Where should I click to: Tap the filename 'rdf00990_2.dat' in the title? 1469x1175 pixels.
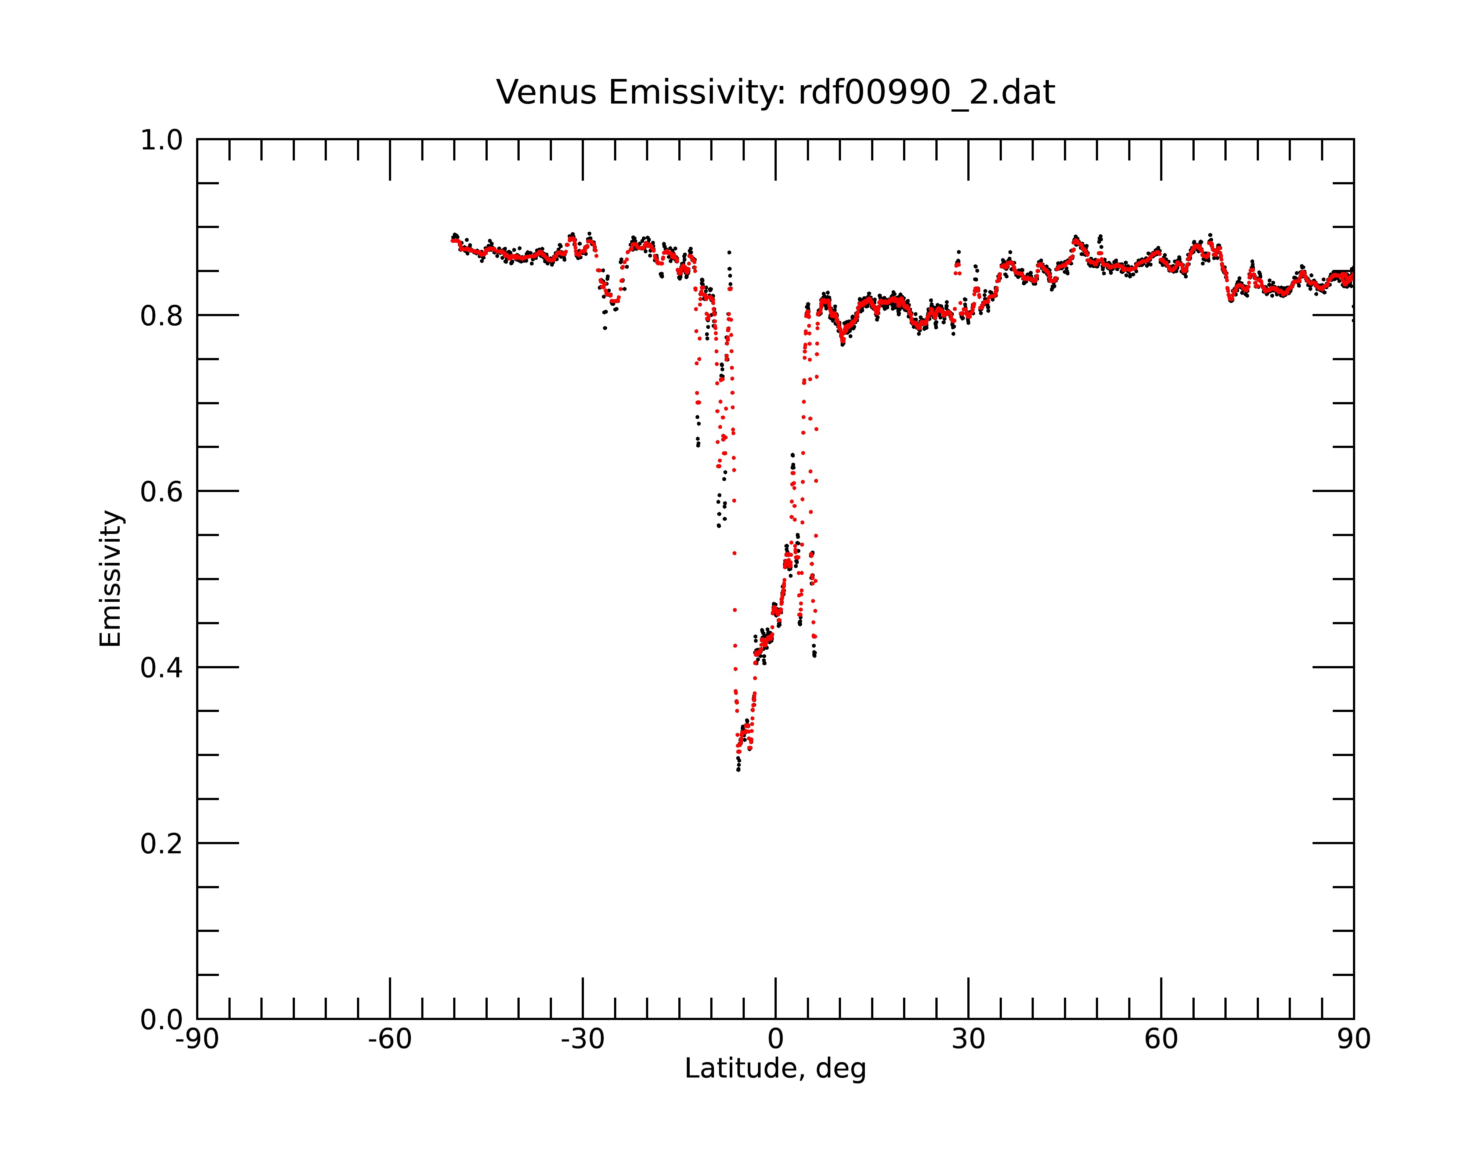click(x=927, y=93)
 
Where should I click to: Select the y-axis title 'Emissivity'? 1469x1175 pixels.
click(x=111, y=578)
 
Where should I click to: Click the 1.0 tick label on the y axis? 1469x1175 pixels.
click(x=162, y=141)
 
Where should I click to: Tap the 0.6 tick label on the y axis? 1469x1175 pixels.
click(x=162, y=492)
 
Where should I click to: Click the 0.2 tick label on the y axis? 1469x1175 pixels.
click(x=162, y=844)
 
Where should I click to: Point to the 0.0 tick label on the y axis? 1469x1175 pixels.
click(x=162, y=1020)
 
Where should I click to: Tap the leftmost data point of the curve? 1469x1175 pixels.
click(x=452, y=240)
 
